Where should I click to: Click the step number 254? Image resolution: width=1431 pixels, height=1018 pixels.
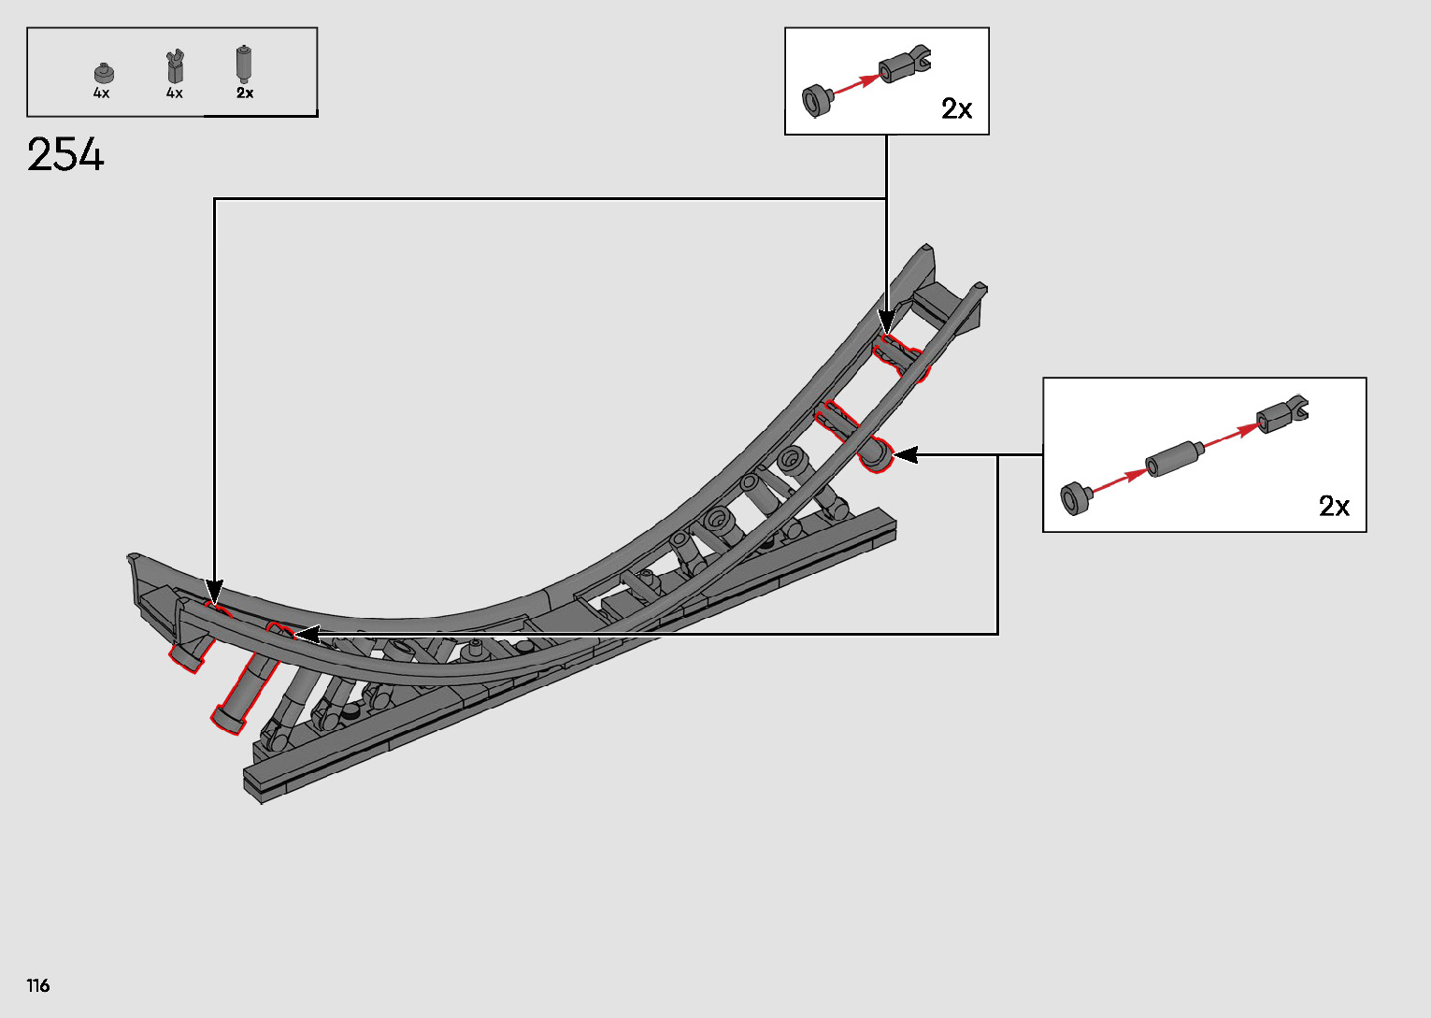65,155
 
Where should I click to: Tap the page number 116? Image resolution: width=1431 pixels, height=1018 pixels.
38,985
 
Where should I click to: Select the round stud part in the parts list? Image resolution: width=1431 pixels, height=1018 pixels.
103,72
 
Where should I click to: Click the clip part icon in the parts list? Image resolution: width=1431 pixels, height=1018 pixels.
174,66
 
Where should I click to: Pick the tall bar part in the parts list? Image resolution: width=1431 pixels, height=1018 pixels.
244,64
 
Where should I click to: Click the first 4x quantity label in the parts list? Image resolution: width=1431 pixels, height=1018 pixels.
101,93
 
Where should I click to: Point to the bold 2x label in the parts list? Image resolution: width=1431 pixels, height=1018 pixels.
245,93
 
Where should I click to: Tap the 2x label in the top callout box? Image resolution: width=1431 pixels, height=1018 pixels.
956,109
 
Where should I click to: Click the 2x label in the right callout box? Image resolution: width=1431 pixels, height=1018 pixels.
1334,506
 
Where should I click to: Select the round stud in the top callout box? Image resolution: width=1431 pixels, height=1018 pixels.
817,99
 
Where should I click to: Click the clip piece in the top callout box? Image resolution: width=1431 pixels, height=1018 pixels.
904,64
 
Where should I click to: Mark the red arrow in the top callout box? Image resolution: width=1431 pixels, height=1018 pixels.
854,83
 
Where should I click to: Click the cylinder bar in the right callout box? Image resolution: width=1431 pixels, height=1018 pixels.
1173,458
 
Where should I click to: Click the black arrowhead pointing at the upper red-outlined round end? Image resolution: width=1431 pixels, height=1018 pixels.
905,455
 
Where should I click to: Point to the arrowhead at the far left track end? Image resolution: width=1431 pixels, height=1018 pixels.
214,592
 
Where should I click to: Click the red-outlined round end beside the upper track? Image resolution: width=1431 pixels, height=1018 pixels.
877,456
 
